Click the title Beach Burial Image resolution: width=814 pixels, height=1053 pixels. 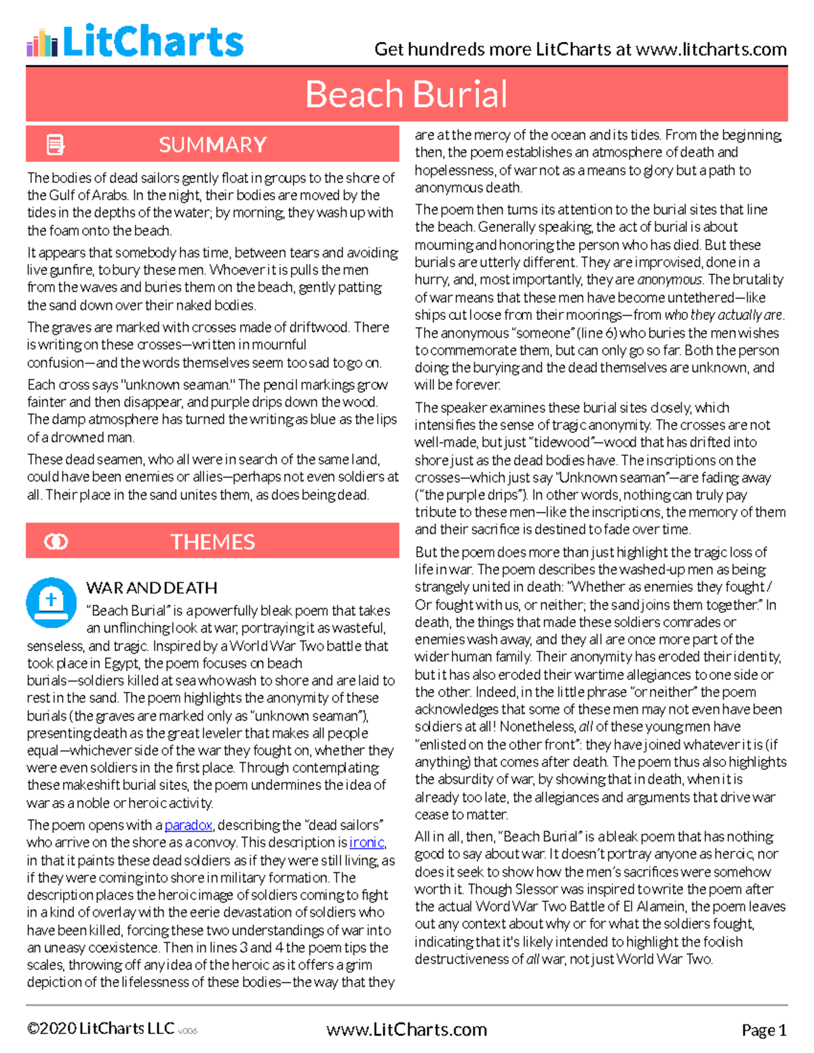click(x=406, y=94)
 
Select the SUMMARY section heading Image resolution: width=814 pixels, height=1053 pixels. click(x=212, y=144)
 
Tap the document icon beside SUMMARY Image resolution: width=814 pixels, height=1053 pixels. click(x=55, y=144)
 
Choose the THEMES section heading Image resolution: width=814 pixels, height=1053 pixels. click(x=212, y=542)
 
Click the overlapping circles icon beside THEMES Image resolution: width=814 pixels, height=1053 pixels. click(x=56, y=542)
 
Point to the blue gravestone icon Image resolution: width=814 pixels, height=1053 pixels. click(x=51, y=601)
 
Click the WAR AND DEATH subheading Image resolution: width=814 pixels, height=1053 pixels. click(x=152, y=588)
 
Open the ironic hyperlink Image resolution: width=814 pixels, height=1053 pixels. click(x=366, y=843)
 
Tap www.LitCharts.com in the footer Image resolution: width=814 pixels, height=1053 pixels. click(x=406, y=1030)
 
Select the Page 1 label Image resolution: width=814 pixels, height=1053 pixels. click(x=764, y=1031)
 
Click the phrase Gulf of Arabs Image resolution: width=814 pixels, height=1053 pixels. click(x=88, y=195)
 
